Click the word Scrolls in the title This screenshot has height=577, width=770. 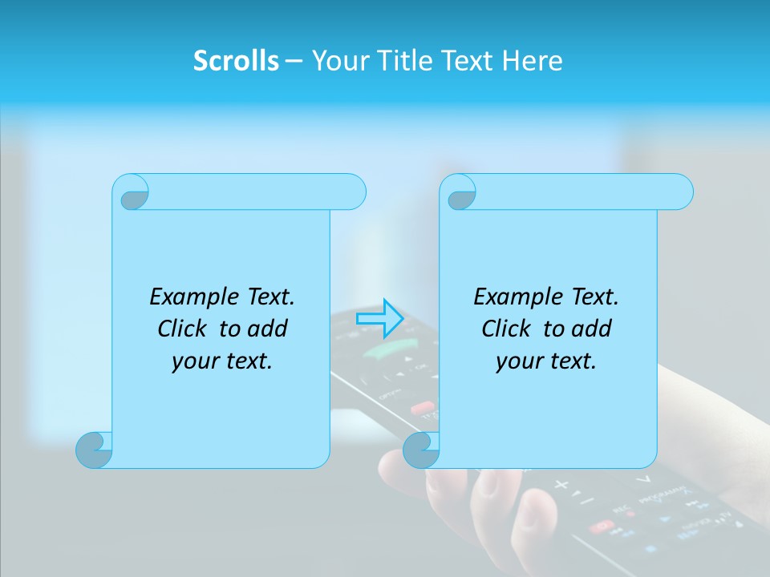coord(236,61)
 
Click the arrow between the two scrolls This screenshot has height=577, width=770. coord(379,318)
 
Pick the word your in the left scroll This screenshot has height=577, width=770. coord(193,361)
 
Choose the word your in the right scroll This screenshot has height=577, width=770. coord(517,361)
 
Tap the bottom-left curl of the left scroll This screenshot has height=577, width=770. coord(95,450)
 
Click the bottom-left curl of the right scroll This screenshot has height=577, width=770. coord(422,450)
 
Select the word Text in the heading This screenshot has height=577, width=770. coord(472,61)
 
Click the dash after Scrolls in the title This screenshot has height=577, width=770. coord(294,61)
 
